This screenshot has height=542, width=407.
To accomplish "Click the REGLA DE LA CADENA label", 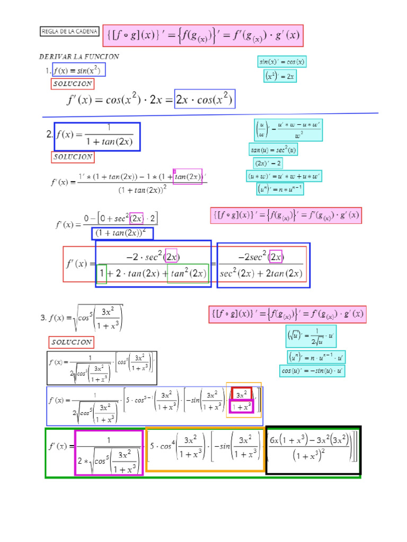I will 69,32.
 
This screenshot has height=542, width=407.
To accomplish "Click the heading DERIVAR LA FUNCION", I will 79,57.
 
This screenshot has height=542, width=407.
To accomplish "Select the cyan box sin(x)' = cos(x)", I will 282,62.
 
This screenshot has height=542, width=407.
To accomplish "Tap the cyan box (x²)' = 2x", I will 280,77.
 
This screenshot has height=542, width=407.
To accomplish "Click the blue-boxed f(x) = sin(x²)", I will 78,70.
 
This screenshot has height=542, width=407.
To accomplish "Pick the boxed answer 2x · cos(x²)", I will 205,99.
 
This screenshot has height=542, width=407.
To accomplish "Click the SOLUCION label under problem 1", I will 73,84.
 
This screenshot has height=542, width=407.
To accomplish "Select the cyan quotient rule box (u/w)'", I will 288,130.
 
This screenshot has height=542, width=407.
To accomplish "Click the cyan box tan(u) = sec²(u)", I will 274,150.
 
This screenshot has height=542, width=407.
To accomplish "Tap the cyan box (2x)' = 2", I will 268,162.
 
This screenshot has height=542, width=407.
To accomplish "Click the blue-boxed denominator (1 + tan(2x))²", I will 122,233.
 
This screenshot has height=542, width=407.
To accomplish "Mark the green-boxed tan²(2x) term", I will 188,274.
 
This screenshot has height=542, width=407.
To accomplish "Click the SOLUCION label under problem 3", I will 72,342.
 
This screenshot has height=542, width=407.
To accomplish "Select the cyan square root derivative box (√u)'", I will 311,337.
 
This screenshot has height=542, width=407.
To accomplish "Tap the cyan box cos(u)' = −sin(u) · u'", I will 312,371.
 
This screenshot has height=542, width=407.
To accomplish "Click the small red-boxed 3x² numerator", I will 242,394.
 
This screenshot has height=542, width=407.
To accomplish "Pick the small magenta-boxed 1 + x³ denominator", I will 242,406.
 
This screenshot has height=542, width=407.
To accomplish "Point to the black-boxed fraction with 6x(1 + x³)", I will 314,450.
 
